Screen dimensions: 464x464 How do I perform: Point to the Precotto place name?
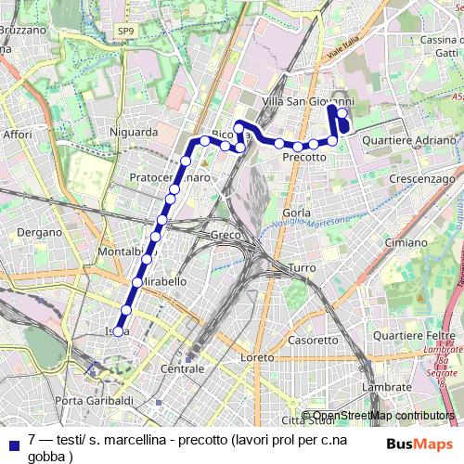pyautogui.click(x=304, y=157)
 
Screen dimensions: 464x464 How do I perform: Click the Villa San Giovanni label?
pyautogui.click(x=308, y=101)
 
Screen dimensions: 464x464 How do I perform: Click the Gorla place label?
pyautogui.click(x=297, y=213)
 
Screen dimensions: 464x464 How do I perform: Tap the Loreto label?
pyautogui.click(x=257, y=357)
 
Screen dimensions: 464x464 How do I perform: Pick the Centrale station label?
pyautogui.click(x=182, y=369)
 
